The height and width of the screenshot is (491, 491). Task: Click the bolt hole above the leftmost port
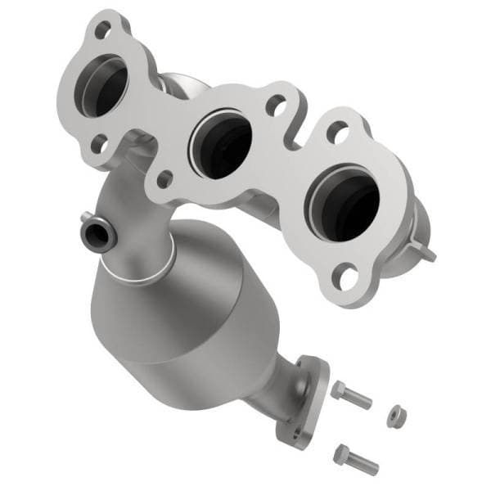click(102, 30)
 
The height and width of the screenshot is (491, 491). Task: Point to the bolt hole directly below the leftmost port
click(99, 144)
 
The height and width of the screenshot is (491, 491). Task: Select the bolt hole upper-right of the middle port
click(277, 106)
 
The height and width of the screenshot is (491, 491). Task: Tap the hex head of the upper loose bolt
click(340, 390)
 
